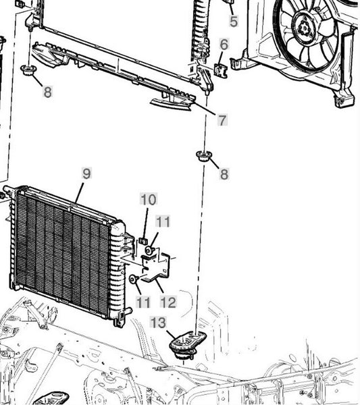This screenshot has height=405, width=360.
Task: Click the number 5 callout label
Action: [234, 21]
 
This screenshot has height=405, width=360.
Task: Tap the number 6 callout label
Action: [224, 44]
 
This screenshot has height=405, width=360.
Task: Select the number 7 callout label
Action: [222, 120]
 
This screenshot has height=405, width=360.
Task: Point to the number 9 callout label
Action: [86, 173]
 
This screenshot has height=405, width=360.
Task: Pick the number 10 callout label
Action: [149, 199]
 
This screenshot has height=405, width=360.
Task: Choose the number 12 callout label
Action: [168, 302]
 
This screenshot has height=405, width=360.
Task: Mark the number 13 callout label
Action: [158, 323]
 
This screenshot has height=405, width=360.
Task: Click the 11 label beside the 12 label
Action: [143, 302]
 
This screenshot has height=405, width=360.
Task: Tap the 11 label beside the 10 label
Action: [163, 221]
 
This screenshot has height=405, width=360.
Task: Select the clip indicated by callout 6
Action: [220, 70]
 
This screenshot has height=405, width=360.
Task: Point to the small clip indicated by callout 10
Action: [143, 241]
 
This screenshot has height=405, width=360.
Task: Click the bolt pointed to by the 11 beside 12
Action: [134, 279]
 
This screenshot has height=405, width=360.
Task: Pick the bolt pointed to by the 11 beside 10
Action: [149, 250]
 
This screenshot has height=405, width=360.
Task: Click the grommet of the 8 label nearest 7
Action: [204, 157]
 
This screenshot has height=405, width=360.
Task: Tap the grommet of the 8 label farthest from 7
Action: [28, 70]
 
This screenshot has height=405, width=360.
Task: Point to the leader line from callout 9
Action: [80, 193]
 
